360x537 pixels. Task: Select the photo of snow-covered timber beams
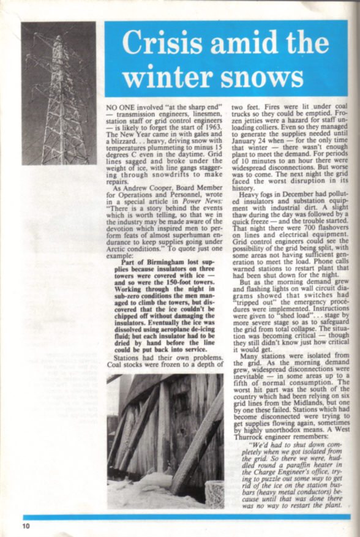tap(165, 441)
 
